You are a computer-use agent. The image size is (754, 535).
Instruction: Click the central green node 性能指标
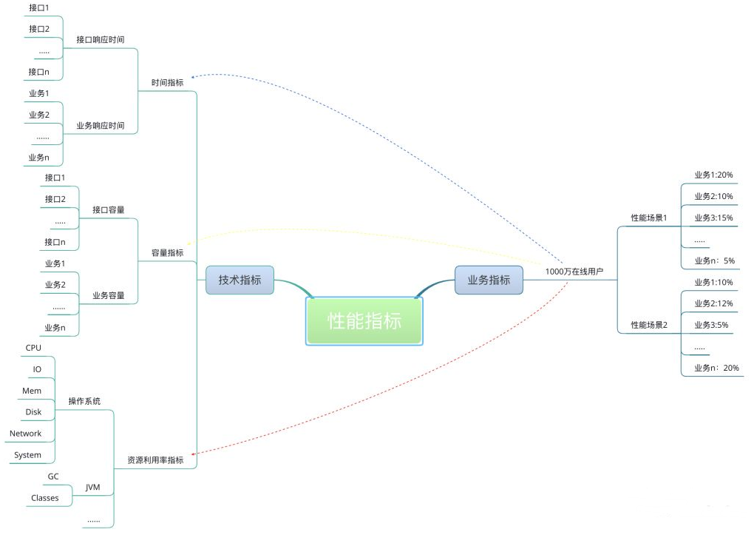364,322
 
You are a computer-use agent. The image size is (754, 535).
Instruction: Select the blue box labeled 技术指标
240,280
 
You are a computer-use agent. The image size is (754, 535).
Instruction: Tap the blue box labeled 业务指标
489,280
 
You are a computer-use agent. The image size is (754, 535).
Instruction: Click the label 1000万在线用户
574,272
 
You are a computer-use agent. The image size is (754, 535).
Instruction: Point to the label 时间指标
168,83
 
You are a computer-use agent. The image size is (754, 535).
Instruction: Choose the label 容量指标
168,252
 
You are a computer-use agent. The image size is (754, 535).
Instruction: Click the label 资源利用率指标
155,460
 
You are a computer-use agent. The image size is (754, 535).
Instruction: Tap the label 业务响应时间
101,126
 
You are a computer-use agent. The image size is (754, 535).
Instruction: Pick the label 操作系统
84,401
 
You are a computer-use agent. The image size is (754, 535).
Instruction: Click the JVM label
93,487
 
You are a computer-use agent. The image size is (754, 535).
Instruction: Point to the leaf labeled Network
26,434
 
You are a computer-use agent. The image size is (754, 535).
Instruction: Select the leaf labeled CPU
33,347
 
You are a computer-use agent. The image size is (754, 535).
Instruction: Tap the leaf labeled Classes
45,498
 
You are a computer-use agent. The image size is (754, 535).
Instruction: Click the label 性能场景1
649,218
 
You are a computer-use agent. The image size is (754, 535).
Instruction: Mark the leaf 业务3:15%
713,218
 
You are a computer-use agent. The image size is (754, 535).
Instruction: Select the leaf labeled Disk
34,411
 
